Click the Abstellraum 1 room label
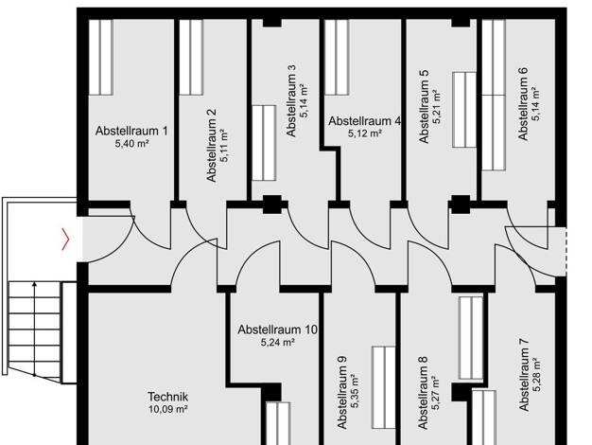click(131, 131)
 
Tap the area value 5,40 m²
click(131, 144)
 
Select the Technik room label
click(167, 397)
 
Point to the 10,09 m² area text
click(168, 409)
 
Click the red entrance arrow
click(65, 239)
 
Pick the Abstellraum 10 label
click(277, 329)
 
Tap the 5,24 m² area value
click(277, 343)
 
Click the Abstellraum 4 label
click(365, 121)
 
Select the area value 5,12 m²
click(365, 133)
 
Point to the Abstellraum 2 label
click(212, 145)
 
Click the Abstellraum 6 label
click(523, 103)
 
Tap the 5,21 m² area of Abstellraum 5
click(437, 107)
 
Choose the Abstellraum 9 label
click(342, 392)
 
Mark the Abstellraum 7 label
click(524, 374)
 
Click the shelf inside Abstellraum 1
click(101, 57)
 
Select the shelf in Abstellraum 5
click(464, 110)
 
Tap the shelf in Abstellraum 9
click(384, 387)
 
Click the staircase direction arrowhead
click(35, 283)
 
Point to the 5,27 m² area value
click(436, 393)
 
